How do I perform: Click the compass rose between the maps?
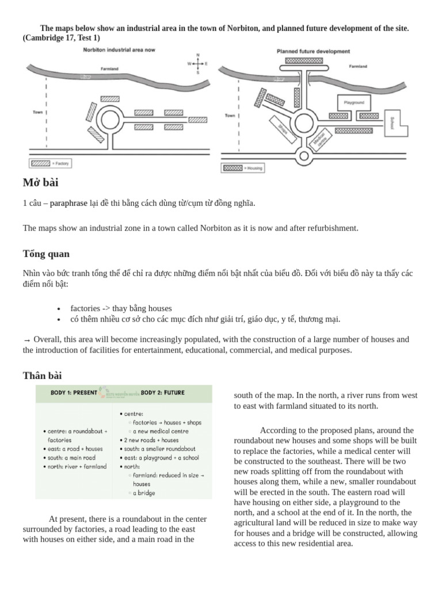(x=197, y=63)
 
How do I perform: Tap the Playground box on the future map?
(x=354, y=102)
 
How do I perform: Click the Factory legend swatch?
(x=40, y=163)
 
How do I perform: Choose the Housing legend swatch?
(x=233, y=168)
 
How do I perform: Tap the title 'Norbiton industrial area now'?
(x=119, y=51)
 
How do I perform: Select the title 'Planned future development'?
(x=313, y=51)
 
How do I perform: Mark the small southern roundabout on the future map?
(x=304, y=155)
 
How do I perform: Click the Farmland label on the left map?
(x=109, y=68)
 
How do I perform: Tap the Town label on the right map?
(x=230, y=116)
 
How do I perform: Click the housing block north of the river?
(x=304, y=60)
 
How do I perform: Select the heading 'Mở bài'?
(x=40, y=183)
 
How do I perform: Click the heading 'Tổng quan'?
(x=46, y=254)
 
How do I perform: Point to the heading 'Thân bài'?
(x=42, y=376)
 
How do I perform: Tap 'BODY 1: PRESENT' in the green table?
(x=68, y=393)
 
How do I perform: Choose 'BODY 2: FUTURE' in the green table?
(x=163, y=393)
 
